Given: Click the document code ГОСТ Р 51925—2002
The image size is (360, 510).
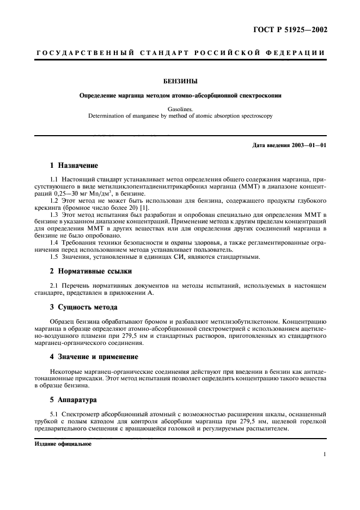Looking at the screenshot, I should click(292, 30).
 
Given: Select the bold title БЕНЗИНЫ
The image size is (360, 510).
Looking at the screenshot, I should click(180, 81).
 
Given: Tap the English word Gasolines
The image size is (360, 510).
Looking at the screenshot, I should click(180, 109).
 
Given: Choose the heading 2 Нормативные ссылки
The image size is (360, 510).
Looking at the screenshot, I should click(90, 271).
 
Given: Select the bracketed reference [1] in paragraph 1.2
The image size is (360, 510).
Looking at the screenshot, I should click(145, 209).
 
